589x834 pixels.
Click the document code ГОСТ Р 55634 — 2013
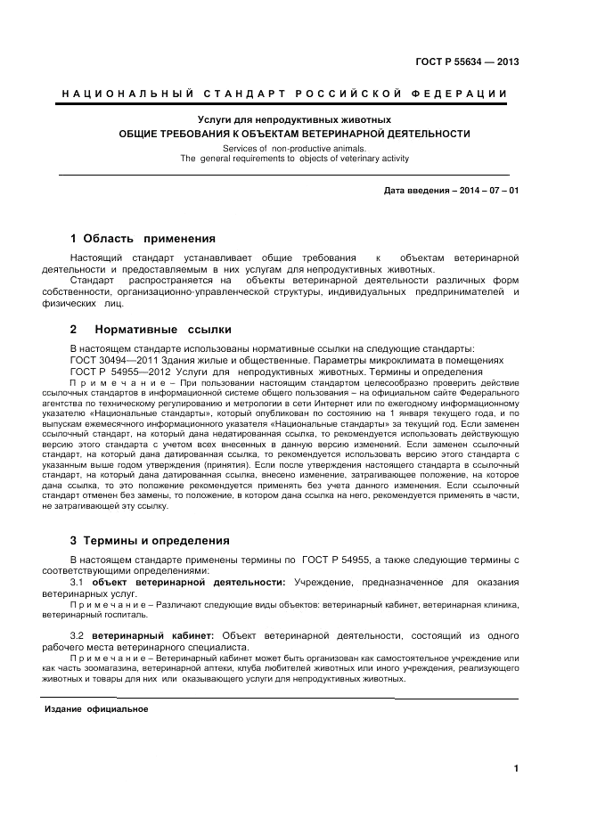(x=467, y=61)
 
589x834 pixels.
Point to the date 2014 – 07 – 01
(x=488, y=191)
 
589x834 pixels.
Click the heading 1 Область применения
(x=143, y=239)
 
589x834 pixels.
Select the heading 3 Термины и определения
(x=149, y=540)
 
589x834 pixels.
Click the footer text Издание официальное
(x=96, y=710)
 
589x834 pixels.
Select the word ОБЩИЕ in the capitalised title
(x=139, y=133)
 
